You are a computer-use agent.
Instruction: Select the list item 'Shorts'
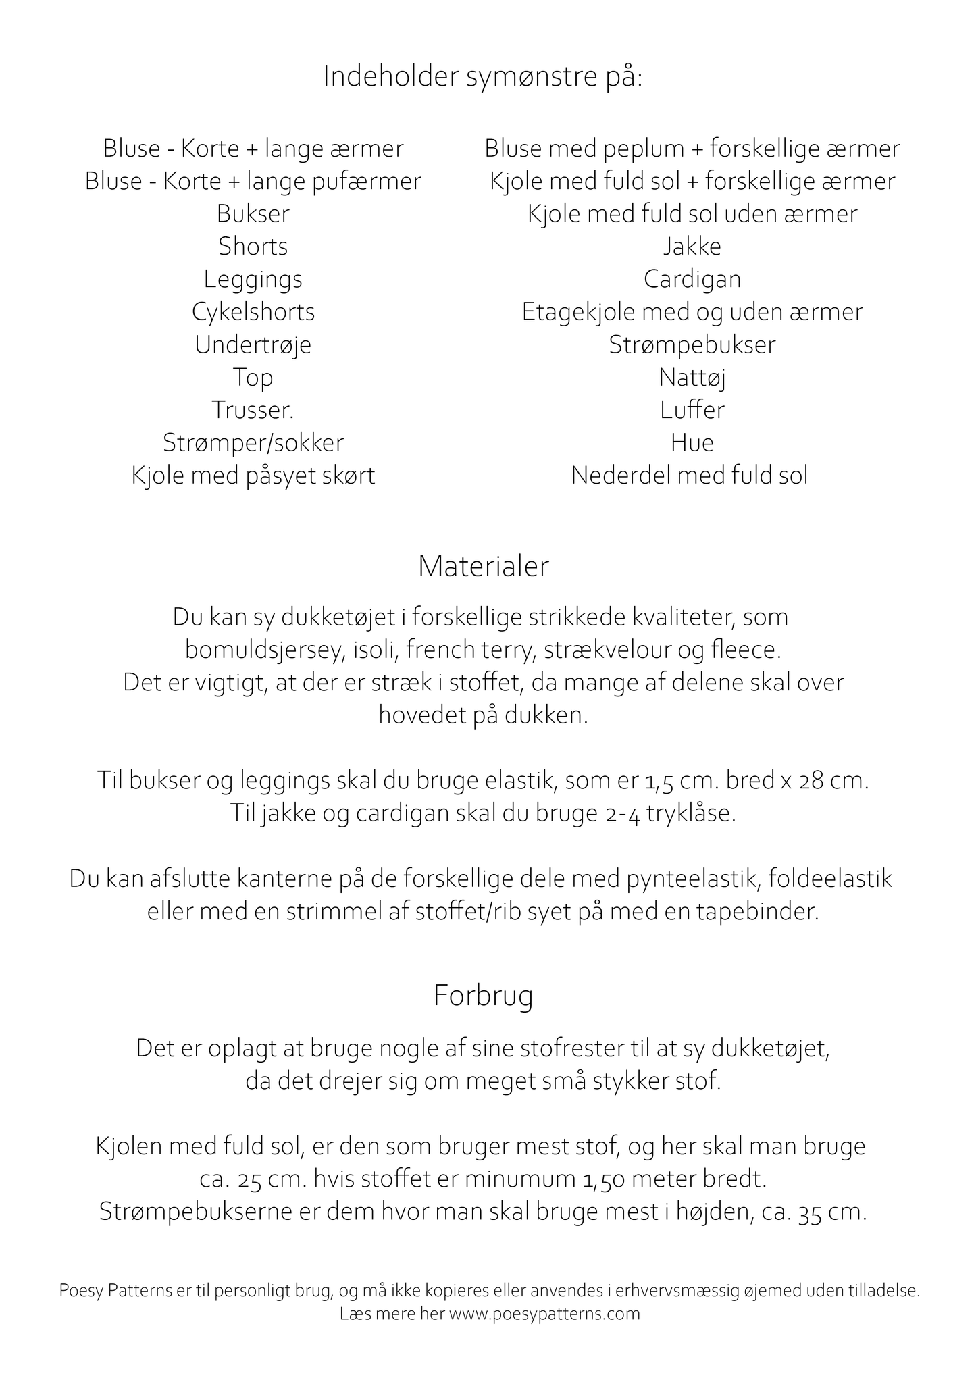[253, 247]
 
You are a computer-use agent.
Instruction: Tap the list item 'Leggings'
[253, 280]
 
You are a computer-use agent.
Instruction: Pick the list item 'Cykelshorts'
[253, 312]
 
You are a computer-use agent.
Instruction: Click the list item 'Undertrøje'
[253, 345]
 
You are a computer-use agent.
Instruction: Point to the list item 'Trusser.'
[253, 410]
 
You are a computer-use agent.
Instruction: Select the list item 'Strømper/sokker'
[253, 443]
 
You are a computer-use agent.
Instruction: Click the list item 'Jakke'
[692, 247]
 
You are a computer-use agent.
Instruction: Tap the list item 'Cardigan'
[692, 279]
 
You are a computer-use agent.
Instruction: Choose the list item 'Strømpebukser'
[692, 345]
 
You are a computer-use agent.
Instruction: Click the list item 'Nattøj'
[692, 378]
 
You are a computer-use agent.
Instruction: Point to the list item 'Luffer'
[692, 410]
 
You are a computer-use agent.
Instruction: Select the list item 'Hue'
[692, 443]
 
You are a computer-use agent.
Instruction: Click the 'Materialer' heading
[483, 567]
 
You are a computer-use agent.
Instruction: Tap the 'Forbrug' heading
[483, 996]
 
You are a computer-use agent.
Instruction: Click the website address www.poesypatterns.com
[544, 1314]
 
